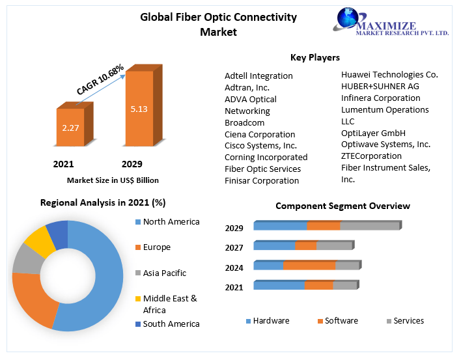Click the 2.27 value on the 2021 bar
point(70,128)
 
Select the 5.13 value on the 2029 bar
point(139,109)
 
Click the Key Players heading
point(314,57)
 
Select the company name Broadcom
point(245,122)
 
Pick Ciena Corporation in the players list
point(260,134)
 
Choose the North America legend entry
point(171,222)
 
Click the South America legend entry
point(171,324)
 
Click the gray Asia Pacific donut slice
point(26,260)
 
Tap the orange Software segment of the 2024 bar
point(309,266)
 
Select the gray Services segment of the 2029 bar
point(369,226)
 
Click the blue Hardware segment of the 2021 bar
point(279,285)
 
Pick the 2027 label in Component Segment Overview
point(234,247)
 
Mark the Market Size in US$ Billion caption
point(113,180)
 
